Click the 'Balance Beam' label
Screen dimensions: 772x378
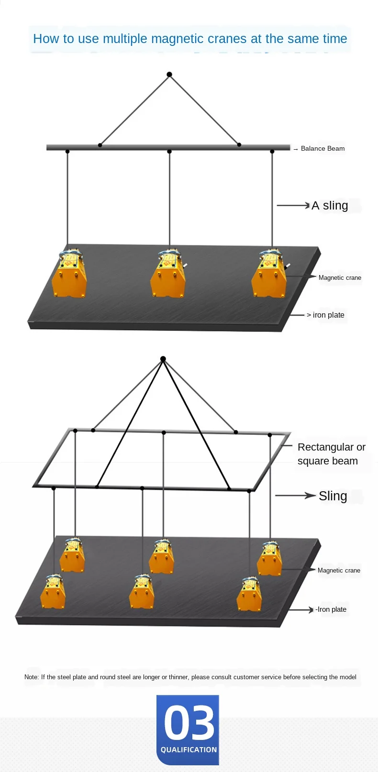pyautogui.click(x=322, y=149)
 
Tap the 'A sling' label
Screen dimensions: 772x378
pyautogui.click(x=330, y=206)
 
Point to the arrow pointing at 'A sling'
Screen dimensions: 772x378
pyautogui.click(x=293, y=206)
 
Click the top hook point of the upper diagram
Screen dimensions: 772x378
pyautogui.click(x=169, y=75)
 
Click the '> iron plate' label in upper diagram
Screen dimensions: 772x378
pyautogui.click(x=325, y=315)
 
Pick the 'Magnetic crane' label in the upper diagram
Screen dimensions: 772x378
pyautogui.click(x=340, y=278)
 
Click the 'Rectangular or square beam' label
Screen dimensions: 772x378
pyautogui.click(x=331, y=454)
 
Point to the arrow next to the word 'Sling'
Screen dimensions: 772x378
pyautogui.click(x=295, y=496)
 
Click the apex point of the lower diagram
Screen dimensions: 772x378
pyautogui.click(x=163, y=359)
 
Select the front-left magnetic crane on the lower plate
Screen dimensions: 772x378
pyautogui.click(x=53, y=593)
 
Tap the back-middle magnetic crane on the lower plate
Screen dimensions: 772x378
pyautogui.click(x=162, y=557)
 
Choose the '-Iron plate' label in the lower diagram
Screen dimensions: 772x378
pyautogui.click(x=331, y=609)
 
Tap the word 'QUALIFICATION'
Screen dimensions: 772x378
pyautogui.click(x=189, y=750)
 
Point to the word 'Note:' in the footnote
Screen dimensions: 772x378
pyautogui.click(x=32, y=677)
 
